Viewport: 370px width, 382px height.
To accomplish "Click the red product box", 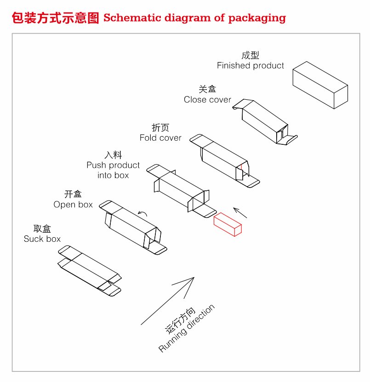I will tap(228, 224).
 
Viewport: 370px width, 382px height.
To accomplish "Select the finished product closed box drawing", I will tap(320, 86).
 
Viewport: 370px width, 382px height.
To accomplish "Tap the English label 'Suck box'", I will tap(42, 239).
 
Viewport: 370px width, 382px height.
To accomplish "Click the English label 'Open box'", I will tap(73, 205).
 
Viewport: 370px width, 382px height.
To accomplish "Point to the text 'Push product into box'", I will tap(113, 170).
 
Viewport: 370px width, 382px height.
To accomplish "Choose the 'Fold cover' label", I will tap(160, 138).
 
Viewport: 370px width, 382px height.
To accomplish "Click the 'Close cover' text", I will tap(207, 100).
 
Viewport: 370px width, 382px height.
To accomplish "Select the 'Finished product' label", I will tap(250, 66).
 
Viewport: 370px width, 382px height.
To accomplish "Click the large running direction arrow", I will tap(168, 301).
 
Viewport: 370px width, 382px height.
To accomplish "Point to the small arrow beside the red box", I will tap(240, 212).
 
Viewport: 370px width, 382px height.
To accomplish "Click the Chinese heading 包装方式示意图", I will tap(55, 18).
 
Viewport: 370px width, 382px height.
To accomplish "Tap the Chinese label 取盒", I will tap(42, 229).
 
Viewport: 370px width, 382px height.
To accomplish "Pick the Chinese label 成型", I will tap(250, 55).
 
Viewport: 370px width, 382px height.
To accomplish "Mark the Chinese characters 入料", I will tap(113, 155).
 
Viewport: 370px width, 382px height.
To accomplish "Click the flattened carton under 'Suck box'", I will tap(90, 271).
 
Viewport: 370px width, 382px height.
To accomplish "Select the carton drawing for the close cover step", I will tap(265, 121).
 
